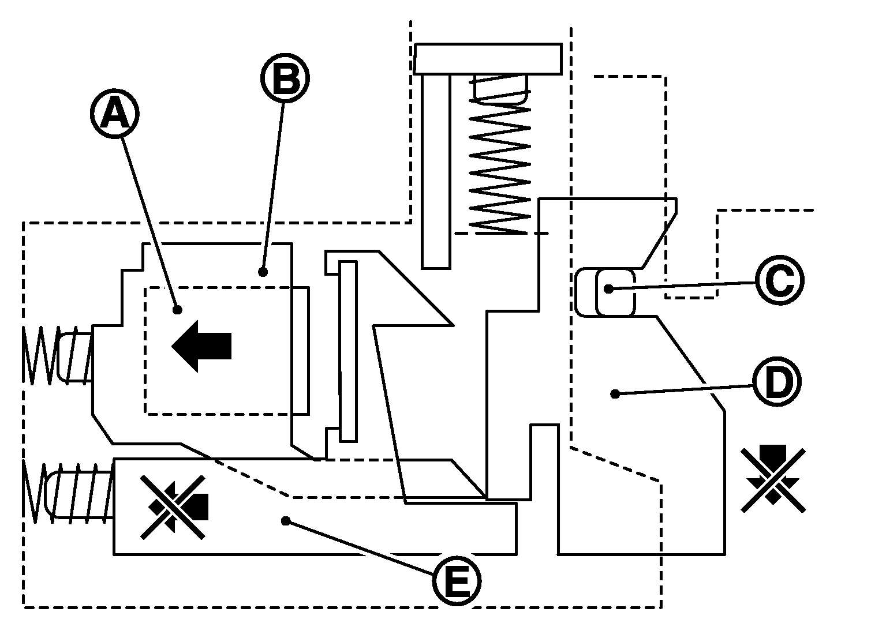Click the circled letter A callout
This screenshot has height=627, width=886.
(114, 115)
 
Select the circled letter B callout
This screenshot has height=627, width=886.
(285, 79)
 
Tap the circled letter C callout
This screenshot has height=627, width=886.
(779, 281)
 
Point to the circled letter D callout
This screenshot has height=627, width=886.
(777, 382)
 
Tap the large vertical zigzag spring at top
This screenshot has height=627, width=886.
(500, 164)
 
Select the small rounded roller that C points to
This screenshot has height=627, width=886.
(615, 292)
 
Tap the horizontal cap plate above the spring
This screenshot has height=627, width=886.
(488, 59)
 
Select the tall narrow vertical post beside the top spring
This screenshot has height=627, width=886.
(436, 171)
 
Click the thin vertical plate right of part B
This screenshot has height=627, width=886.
(348, 351)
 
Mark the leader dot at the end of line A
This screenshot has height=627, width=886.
(178, 310)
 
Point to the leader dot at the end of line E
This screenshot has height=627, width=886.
(285, 521)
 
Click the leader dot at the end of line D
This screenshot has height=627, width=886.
(615, 394)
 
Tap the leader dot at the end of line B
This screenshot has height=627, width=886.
(263, 271)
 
